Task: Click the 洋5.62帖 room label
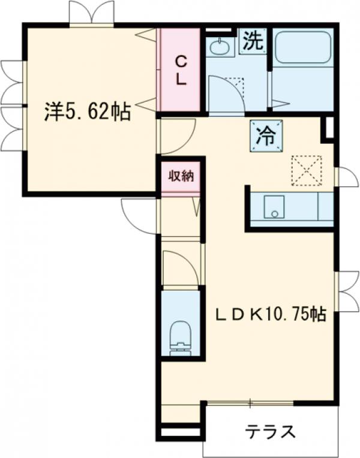pos(88,112)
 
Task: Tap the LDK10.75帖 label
pos(271,314)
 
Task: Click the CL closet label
pos(181,70)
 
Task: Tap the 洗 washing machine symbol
pos(254,42)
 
